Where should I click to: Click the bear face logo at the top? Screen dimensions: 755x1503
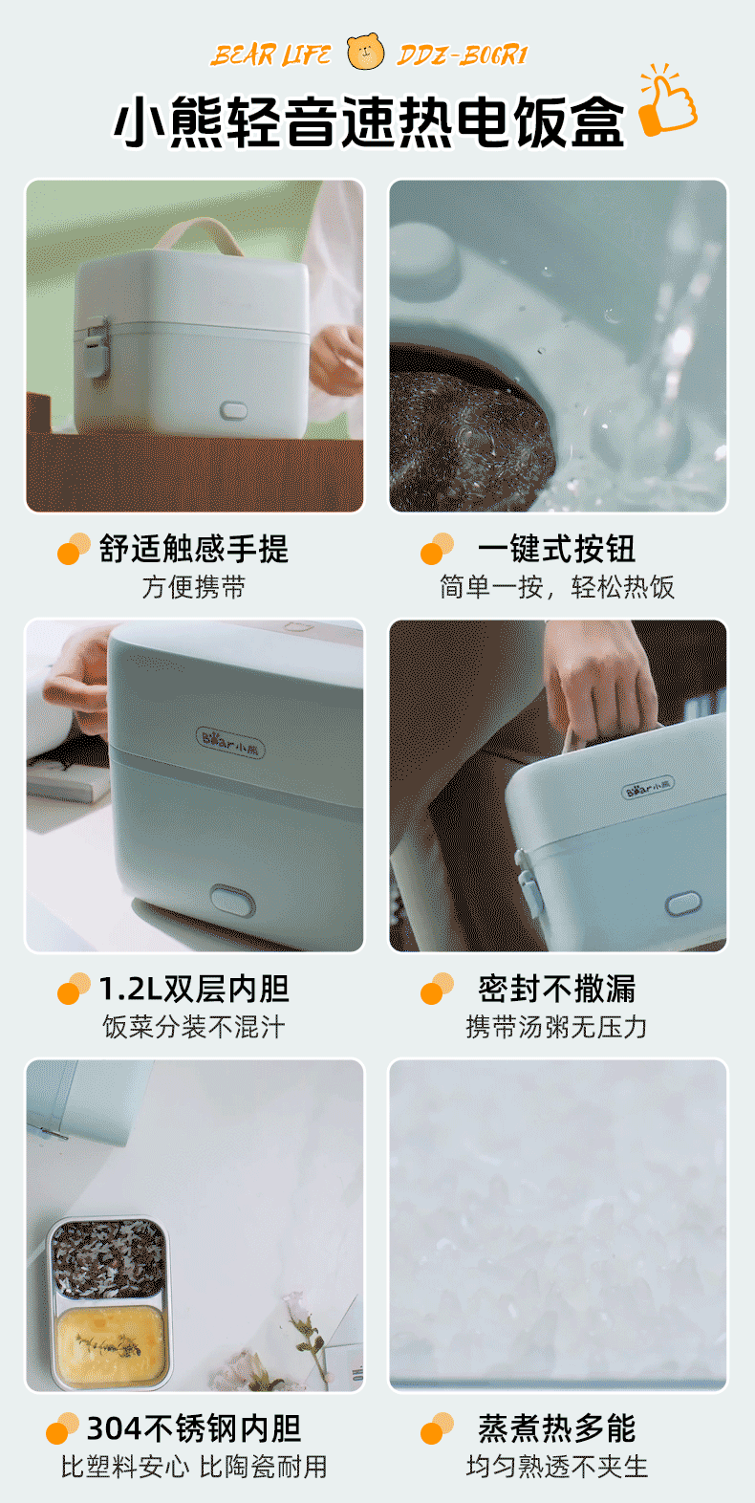click(365, 52)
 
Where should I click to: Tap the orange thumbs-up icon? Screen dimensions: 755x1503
click(668, 100)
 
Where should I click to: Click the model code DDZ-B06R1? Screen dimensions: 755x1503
click(462, 55)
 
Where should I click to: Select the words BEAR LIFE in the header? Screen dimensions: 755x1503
click(270, 55)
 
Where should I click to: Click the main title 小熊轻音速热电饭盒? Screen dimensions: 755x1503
click(370, 122)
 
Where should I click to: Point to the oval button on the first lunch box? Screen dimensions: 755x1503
click(233, 410)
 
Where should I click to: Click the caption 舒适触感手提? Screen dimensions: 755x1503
click(194, 549)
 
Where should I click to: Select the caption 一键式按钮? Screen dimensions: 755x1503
click(556, 549)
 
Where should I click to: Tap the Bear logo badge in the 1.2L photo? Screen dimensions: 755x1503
click(230, 741)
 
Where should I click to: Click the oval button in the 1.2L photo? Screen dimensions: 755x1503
click(232, 901)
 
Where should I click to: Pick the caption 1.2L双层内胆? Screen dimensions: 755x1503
click(194, 989)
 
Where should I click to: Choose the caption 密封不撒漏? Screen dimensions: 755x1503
click(556, 989)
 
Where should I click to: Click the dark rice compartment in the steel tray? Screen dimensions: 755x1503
click(109, 1259)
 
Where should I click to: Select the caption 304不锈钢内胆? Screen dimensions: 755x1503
click(194, 1427)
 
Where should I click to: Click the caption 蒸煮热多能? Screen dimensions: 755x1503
click(556, 1427)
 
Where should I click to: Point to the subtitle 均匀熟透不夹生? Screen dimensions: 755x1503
click(557, 1467)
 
